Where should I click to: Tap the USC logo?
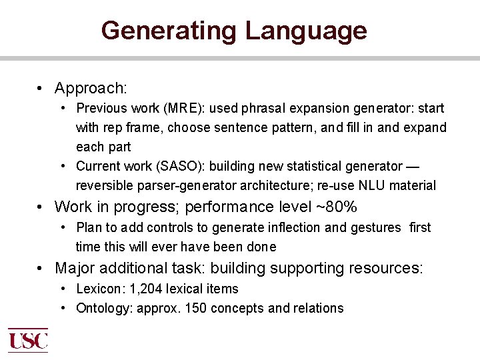(27, 339)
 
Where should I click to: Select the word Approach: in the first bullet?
(91, 88)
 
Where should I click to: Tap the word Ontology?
(103, 308)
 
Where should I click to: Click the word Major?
(74, 268)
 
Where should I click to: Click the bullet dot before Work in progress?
(41, 207)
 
